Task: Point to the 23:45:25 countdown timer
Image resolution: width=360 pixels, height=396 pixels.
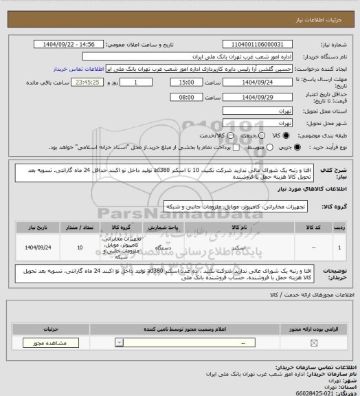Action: click(72, 82)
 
